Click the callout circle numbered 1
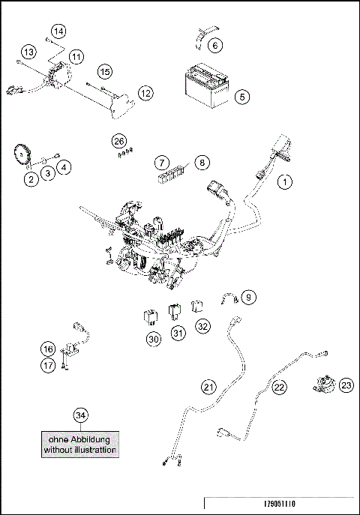point(284,181)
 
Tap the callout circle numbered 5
point(241,97)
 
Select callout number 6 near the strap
point(214,46)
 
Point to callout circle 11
point(76,57)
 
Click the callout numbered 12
point(144,93)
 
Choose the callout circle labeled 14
point(58,31)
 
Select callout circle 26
point(118,141)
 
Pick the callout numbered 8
point(201,161)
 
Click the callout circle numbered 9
point(249,297)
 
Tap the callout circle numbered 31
point(178,333)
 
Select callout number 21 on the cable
point(209,386)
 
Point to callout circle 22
point(279,387)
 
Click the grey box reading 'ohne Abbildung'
point(79,445)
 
